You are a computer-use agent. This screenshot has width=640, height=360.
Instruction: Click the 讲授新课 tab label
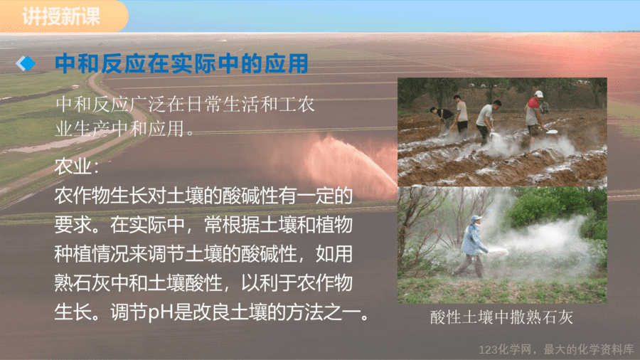tap(61, 17)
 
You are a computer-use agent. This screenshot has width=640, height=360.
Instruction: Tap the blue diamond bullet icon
tap(26, 63)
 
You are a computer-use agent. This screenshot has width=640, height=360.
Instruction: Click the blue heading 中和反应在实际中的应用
tap(181, 63)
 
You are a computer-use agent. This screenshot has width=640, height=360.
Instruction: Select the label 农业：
tap(77, 166)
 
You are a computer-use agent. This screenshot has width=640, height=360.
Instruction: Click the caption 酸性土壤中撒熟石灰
tap(501, 317)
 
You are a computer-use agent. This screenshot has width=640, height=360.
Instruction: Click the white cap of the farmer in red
tap(539, 95)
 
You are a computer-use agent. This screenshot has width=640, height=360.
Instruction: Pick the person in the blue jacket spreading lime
tap(473, 246)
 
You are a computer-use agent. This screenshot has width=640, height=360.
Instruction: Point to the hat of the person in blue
tap(475, 219)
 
